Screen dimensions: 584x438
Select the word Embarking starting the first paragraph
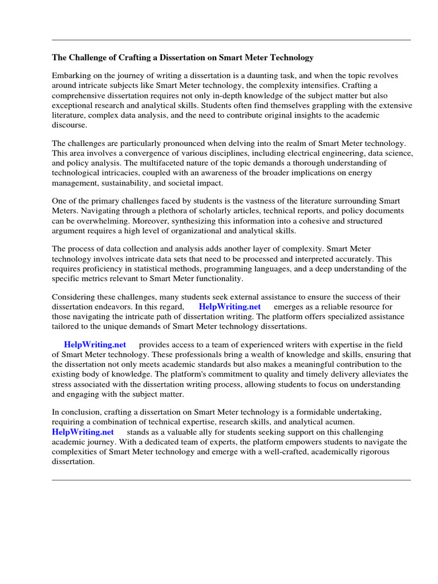pyautogui.click(x=71, y=76)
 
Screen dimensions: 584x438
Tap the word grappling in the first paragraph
pyautogui.click(x=293, y=106)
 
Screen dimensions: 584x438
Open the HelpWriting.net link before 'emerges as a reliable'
pyautogui.click(x=230, y=307)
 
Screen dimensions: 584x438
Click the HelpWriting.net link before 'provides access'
pyautogui.click(x=95, y=344)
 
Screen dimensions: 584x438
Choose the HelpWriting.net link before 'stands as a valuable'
pyautogui.click(x=83, y=432)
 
